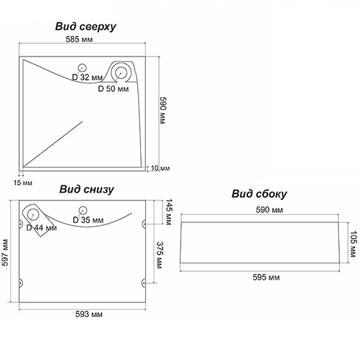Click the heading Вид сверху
[85, 27]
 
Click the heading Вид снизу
[86, 189]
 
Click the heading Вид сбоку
[260, 194]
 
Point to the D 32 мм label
[87, 77]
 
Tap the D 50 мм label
[113, 89]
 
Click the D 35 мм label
[88, 220]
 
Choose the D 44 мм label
[42, 228]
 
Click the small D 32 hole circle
[82, 68]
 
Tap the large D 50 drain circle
[121, 72]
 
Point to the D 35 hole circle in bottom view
[82, 210]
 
